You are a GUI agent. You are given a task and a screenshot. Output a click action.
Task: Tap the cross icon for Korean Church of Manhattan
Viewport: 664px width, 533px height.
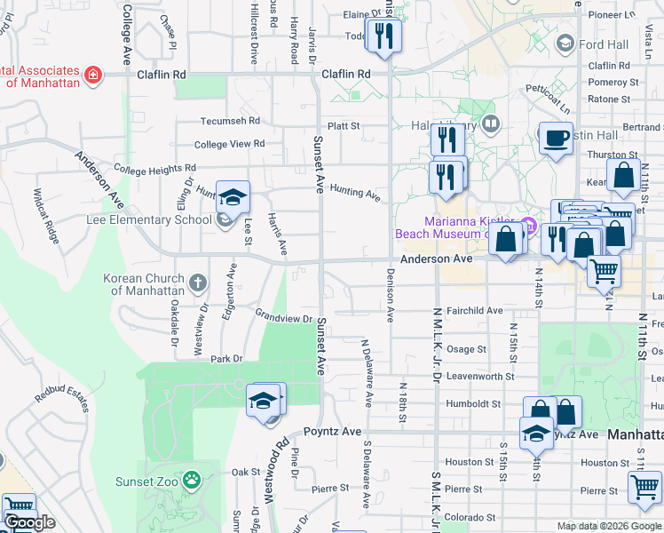(x=197, y=283)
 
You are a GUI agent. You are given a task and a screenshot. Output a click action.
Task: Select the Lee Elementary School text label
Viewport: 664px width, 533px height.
(x=149, y=219)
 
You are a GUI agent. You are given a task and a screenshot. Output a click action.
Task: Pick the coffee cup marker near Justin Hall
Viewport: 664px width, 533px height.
(x=556, y=138)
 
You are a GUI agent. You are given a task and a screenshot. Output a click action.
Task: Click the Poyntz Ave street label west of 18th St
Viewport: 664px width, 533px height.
(x=333, y=431)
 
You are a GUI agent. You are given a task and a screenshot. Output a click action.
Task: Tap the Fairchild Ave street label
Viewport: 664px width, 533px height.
(x=475, y=311)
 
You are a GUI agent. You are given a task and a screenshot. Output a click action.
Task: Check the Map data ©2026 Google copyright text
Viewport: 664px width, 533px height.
(x=608, y=526)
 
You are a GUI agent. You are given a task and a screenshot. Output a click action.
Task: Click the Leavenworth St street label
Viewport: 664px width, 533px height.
(x=480, y=377)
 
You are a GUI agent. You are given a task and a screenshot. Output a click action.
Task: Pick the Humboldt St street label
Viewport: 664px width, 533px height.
(x=473, y=403)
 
